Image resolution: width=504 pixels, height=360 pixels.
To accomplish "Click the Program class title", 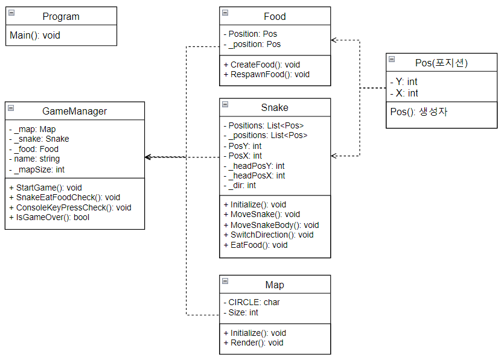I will coord(61,16).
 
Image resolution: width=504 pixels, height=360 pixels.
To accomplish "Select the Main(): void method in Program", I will coord(35,36).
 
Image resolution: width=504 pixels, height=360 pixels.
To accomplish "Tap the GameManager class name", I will coord(74,111).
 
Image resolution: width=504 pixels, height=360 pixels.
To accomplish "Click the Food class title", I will coord(275,16).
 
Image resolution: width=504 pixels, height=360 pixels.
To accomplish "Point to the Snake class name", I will coord(275,107).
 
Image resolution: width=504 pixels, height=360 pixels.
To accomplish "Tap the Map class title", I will coord(275,285).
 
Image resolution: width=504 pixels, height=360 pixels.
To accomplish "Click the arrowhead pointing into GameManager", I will coord(148,157).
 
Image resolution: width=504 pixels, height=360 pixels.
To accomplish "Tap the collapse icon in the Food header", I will coord(225,13).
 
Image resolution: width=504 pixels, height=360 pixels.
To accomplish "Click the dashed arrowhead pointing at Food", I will coord(334,40).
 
